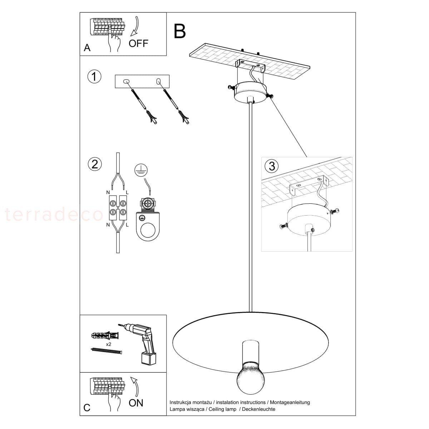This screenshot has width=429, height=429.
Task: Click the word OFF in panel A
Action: pos(138,43)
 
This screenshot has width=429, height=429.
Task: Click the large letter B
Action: pos(179,31)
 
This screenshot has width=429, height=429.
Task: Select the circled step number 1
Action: pos(94,77)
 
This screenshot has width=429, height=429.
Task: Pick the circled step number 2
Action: pos(95,164)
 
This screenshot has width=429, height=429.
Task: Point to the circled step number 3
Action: pos(272,166)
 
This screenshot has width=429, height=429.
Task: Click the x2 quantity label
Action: pos(108,344)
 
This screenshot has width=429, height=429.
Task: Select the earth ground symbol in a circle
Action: pos(141,170)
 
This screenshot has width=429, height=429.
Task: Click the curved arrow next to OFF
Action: pos(135,26)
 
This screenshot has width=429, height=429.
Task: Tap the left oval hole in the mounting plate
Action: pos(126,81)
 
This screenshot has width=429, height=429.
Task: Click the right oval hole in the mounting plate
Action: pos(158,81)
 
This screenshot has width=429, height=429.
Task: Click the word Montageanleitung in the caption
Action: pos(290,402)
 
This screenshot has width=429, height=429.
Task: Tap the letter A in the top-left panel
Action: pos(87,48)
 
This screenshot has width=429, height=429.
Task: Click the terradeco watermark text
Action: pos(54,214)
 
